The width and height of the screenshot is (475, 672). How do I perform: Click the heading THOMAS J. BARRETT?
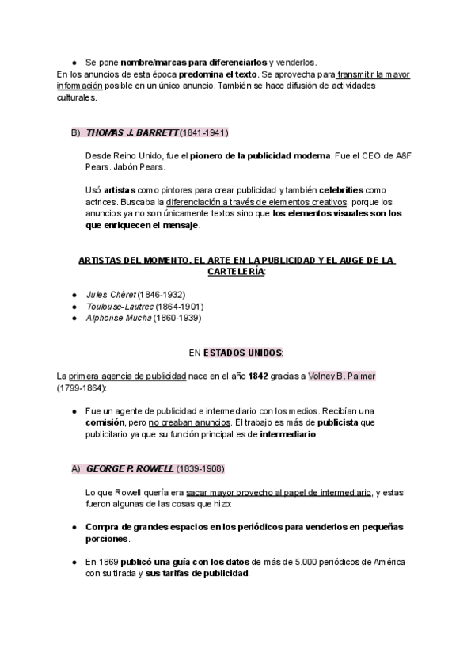tap(131, 132)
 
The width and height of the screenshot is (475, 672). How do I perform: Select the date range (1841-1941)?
tap(204, 132)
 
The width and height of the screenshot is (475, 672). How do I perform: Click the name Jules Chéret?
tap(111, 295)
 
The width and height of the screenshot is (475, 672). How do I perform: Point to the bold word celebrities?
tap(339, 191)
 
